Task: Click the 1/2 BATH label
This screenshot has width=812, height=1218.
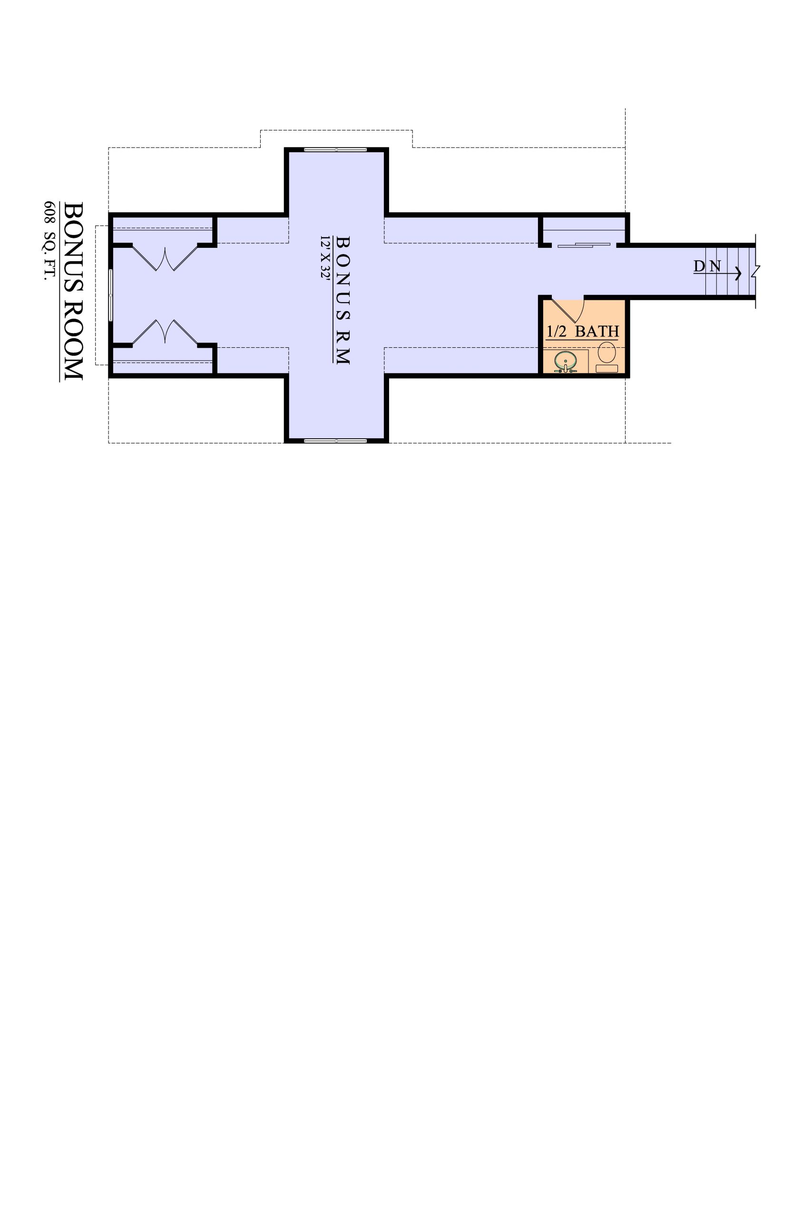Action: pos(583,332)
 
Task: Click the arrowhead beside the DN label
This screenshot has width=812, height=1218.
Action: pos(739,273)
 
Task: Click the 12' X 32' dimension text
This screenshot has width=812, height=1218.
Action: pos(325,258)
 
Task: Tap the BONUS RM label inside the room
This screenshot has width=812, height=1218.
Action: pos(343,300)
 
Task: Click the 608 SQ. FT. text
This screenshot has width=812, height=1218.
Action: pos(49,241)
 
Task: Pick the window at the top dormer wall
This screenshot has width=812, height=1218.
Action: pos(335,150)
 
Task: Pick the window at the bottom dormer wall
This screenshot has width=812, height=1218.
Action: pos(335,441)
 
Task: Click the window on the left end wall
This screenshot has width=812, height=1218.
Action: pos(110,295)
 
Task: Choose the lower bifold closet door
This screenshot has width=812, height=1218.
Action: pos(165,332)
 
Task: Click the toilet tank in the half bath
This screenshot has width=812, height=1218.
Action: pos(607,369)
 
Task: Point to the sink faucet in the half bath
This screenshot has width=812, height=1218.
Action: pos(566,369)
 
